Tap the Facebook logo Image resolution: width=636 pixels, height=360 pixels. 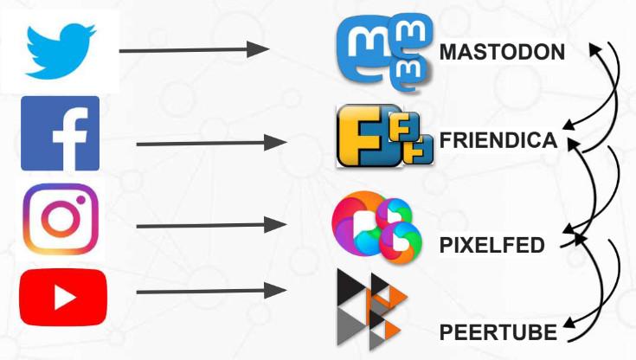pos(60,133)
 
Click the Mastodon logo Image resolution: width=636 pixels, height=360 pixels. pos(385,54)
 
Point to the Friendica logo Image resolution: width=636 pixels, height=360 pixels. pos(383,137)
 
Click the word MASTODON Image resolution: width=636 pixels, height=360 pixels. pos(502,53)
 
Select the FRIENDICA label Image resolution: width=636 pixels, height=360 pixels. pos(498,140)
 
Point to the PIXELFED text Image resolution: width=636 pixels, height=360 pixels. pos(492,245)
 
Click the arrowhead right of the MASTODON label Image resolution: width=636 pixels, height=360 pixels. pos(596,49)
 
